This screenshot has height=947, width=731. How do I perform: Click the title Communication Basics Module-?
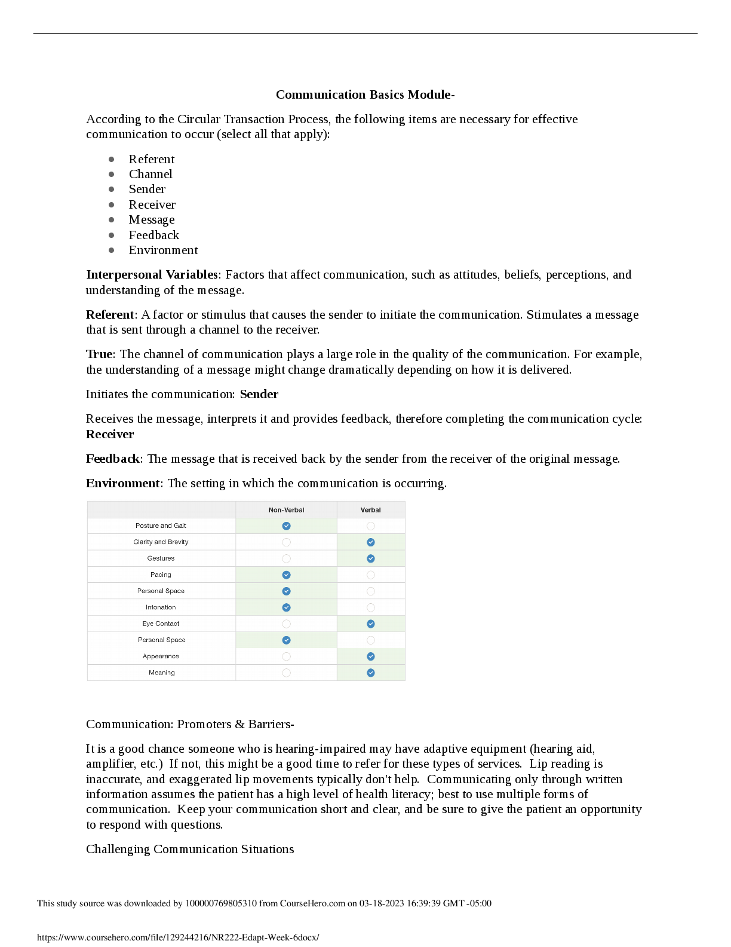[x=365, y=94]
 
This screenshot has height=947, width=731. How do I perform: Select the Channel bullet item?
[x=150, y=174]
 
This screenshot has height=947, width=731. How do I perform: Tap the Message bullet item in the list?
[x=152, y=219]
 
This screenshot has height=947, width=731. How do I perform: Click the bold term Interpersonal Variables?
[x=152, y=274]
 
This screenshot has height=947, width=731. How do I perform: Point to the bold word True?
[x=100, y=354]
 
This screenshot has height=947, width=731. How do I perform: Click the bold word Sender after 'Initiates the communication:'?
[x=259, y=394]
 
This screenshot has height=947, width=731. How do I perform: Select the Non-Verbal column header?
[x=286, y=510]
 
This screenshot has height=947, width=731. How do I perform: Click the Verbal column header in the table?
[x=370, y=510]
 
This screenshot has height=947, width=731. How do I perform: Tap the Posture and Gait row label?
[x=161, y=526]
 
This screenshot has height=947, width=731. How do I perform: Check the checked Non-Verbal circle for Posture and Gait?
[x=287, y=526]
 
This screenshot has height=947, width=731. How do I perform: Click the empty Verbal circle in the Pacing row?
[x=371, y=575]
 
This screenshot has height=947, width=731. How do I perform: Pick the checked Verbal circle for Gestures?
[x=371, y=558]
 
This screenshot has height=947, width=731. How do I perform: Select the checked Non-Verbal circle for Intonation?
[x=287, y=607]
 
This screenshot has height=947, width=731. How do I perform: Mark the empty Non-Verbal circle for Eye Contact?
[x=287, y=624]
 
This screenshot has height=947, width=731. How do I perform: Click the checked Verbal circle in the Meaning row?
[x=371, y=673]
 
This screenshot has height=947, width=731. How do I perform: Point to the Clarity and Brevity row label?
[x=161, y=542]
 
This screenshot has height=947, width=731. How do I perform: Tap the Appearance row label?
[x=161, y=656]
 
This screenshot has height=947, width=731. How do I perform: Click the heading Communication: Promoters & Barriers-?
[x=190, y=724]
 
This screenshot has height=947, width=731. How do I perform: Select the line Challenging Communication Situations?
[x=190, y=849]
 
